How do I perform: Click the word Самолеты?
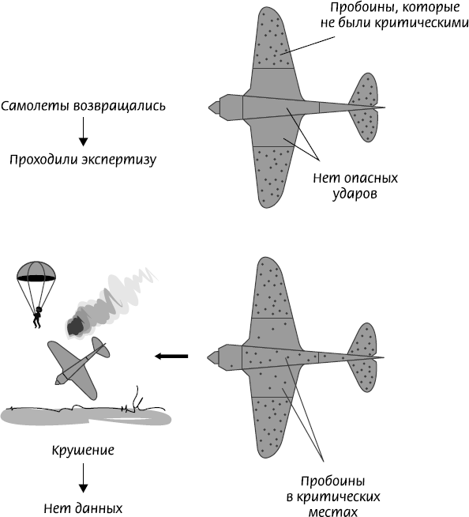point(36,106)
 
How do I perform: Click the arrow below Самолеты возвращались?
point(84,131)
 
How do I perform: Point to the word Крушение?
point(83,450)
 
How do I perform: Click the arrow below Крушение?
point(84,477)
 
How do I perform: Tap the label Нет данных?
point(83,508)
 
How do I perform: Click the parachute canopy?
point(36,271)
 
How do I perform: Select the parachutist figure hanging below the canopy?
point(38,317)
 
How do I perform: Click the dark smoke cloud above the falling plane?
point(77,326)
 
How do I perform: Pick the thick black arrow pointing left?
point(171,356)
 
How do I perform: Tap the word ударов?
point(355,194)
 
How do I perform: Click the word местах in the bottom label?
point(332,511)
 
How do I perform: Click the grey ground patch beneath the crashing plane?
point(85,416)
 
